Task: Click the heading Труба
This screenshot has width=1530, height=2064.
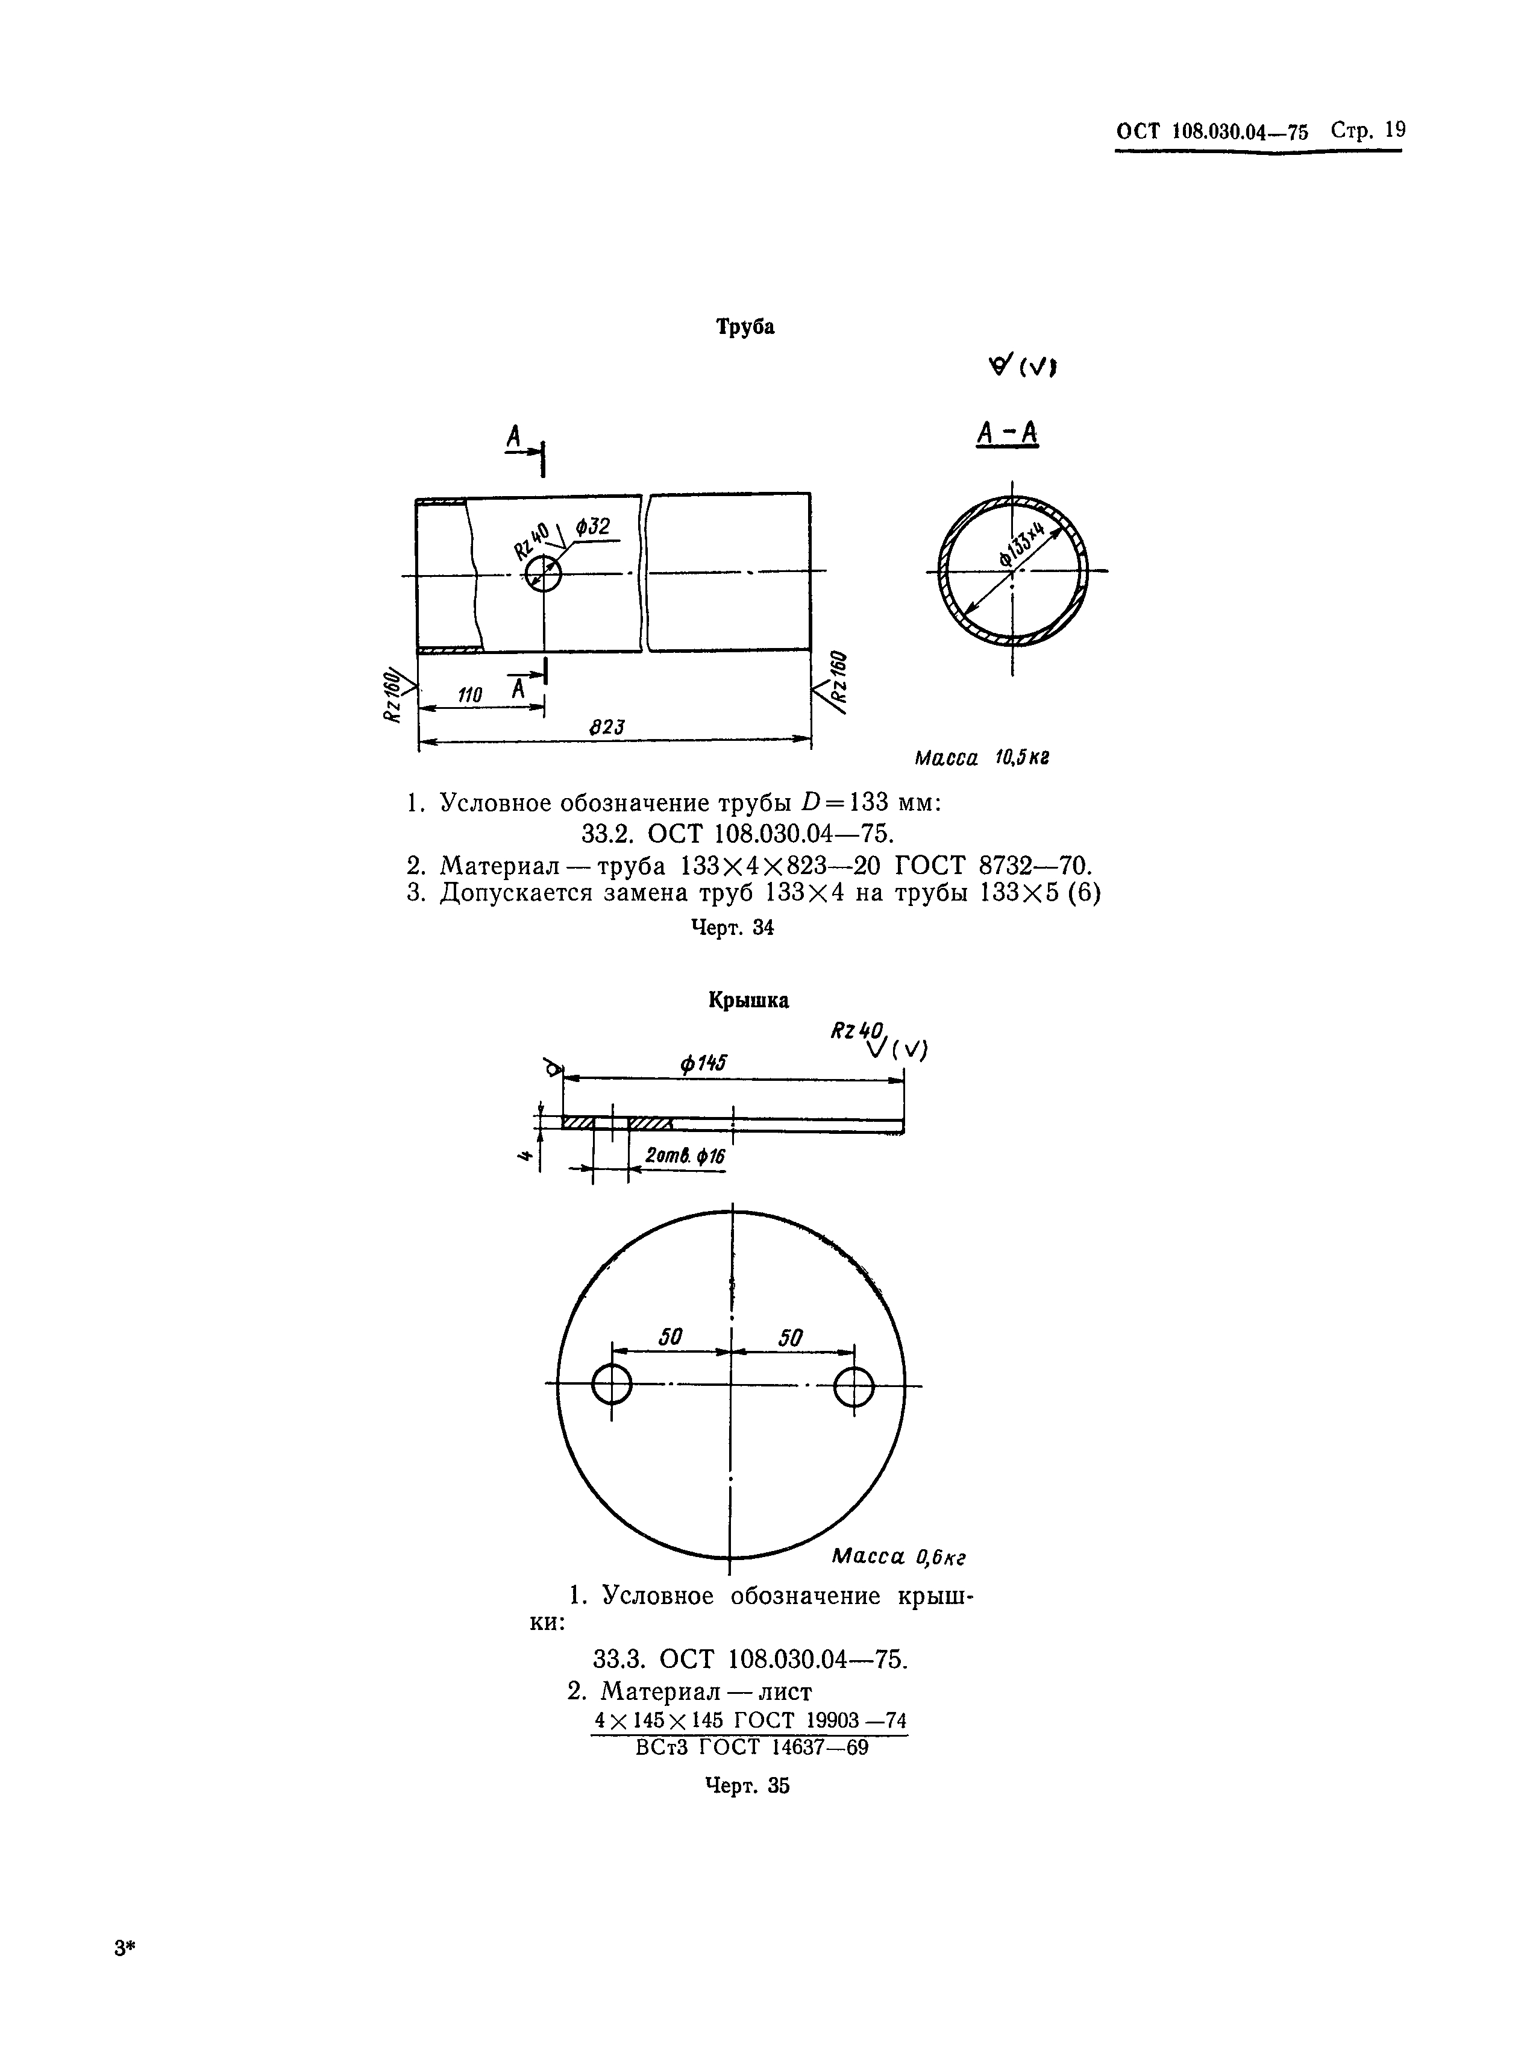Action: pos(745,327)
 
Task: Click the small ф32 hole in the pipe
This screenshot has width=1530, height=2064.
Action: pos(544,575)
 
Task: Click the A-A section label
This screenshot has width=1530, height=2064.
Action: pos(1008,433)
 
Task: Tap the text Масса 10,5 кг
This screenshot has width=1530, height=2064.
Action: pos(982,758)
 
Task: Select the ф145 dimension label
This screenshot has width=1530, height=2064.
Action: pos(703,1065)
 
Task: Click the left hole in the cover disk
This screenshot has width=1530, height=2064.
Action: pos(611,1386)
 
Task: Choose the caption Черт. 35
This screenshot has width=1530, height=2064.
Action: pos(747,1785)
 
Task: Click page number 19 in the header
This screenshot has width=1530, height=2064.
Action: pos(1395,130)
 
